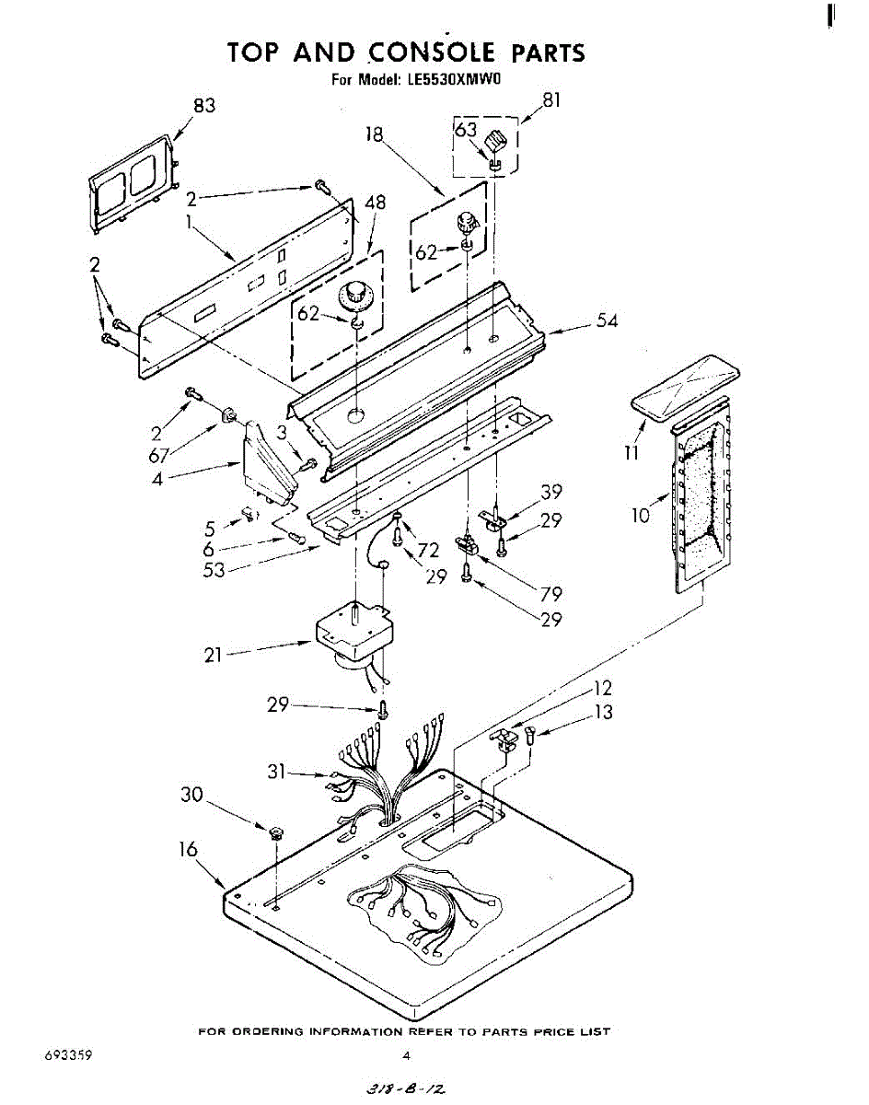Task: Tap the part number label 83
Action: pos(203,106)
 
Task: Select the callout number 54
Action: pos(606,320)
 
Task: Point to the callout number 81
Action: pos(550,100)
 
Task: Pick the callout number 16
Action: pos(188,849)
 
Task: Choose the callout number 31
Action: pos(278,773)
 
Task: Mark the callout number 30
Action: pos(191,795)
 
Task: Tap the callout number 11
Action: pos(633,452)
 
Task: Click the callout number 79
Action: pos(550,594)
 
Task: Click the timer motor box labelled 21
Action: pos(354,631)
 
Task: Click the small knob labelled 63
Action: pos(496,144)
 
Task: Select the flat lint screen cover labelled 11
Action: pos(686,390)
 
